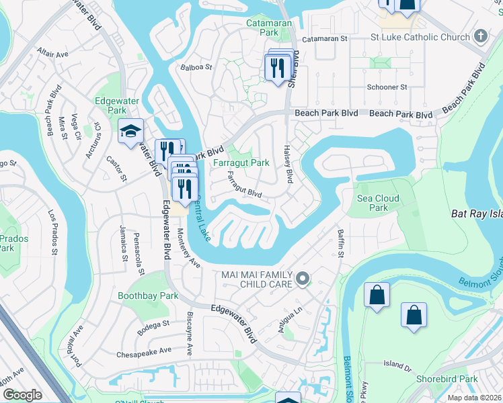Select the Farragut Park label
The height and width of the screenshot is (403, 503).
pyautogui.click(x=241, y=163)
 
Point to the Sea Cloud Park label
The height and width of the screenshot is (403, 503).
pyautogui.click(x=378, y=203)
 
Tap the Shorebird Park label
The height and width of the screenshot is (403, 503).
pyautogui.click(x=451, y=379)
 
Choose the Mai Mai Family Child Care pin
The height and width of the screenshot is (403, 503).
pyautogui.click(x=303, y=278)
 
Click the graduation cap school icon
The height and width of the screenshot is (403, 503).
pyautogui.click(x=130, y=132)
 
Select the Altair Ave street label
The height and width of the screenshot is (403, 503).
pyautogui.click(x=53, y=53)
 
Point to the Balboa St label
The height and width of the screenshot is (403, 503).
pyautogui.click(x=196, y=67)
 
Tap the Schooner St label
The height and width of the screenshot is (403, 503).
pyautogui.click(x=387, y=87)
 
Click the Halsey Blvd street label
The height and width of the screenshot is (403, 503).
pyautogui.click(x=288, y=165)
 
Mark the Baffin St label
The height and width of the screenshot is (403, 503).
pyautogui.click(x=340, y=243)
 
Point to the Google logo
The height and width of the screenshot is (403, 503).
pyautogui.click(x=22, y=395)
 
